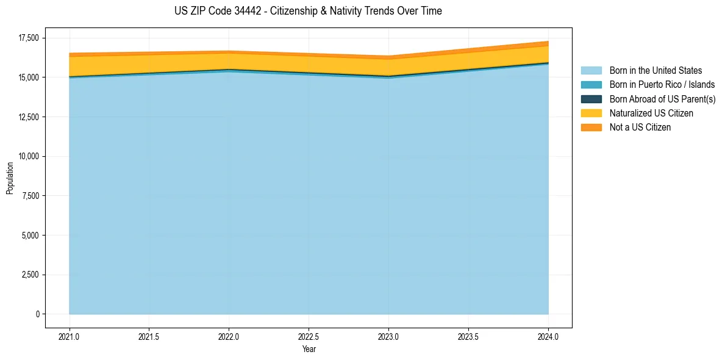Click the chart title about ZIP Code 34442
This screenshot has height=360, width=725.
(308, 11)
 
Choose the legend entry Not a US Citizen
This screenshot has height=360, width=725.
(640, 128)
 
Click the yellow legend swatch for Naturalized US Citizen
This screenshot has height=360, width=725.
(591, 113)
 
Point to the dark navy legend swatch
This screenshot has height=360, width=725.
(591, 99)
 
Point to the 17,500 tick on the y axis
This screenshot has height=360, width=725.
(28, 38)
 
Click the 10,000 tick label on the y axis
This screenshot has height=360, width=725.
(28, 156)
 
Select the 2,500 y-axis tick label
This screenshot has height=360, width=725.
(30, 275)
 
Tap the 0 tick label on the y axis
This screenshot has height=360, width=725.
(37, 314)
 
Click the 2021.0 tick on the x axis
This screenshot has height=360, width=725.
(69, 336)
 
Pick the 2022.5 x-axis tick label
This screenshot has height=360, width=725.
(309, 336)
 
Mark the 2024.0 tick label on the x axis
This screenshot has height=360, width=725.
(548, 336)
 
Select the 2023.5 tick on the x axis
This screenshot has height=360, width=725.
(468, 336)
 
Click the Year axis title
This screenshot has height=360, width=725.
(309, 349)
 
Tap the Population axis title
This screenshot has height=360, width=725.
(10, 178)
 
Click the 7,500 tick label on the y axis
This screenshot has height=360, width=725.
(30, 196)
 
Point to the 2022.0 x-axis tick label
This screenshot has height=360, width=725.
(229, 336)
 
